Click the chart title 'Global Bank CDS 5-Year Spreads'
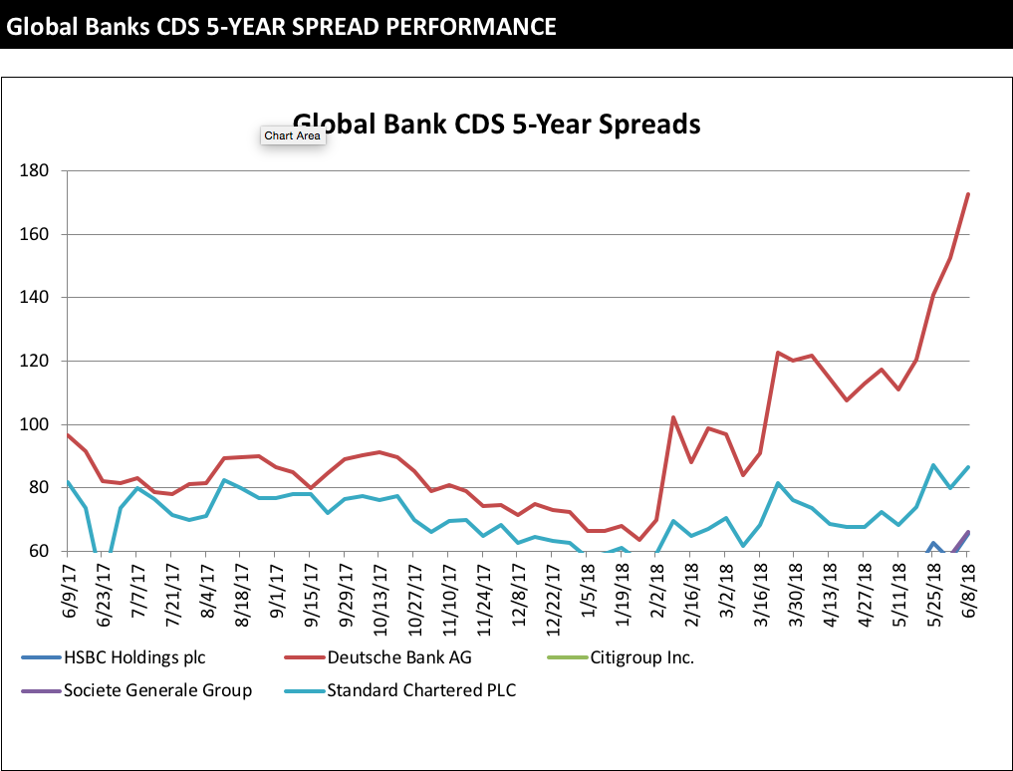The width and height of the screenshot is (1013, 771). click(x=496, y=124)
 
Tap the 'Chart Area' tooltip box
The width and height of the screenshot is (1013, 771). click(x=293, y=135)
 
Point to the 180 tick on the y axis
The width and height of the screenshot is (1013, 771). click(x=35, y=171)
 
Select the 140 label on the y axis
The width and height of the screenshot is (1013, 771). click(x=35, y=298)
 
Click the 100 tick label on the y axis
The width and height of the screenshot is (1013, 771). click(x=35, y=424)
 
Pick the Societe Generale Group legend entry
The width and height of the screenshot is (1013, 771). click(x=157, y=689)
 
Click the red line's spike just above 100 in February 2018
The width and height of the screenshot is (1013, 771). click(x=673, y=417)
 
